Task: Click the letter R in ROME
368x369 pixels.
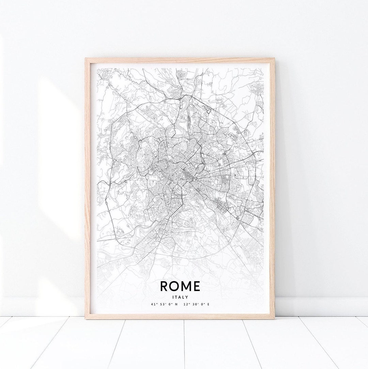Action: tap(164, 286)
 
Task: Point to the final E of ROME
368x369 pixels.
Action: tap(196, 286)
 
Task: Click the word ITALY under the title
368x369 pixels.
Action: tap(180, 297)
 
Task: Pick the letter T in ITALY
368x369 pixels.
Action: tap(177, 297)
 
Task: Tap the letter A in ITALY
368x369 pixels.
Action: tap(180, 297)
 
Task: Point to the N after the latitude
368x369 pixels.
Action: tap(176, 304)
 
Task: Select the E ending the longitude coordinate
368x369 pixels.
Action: tap(208, 304)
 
